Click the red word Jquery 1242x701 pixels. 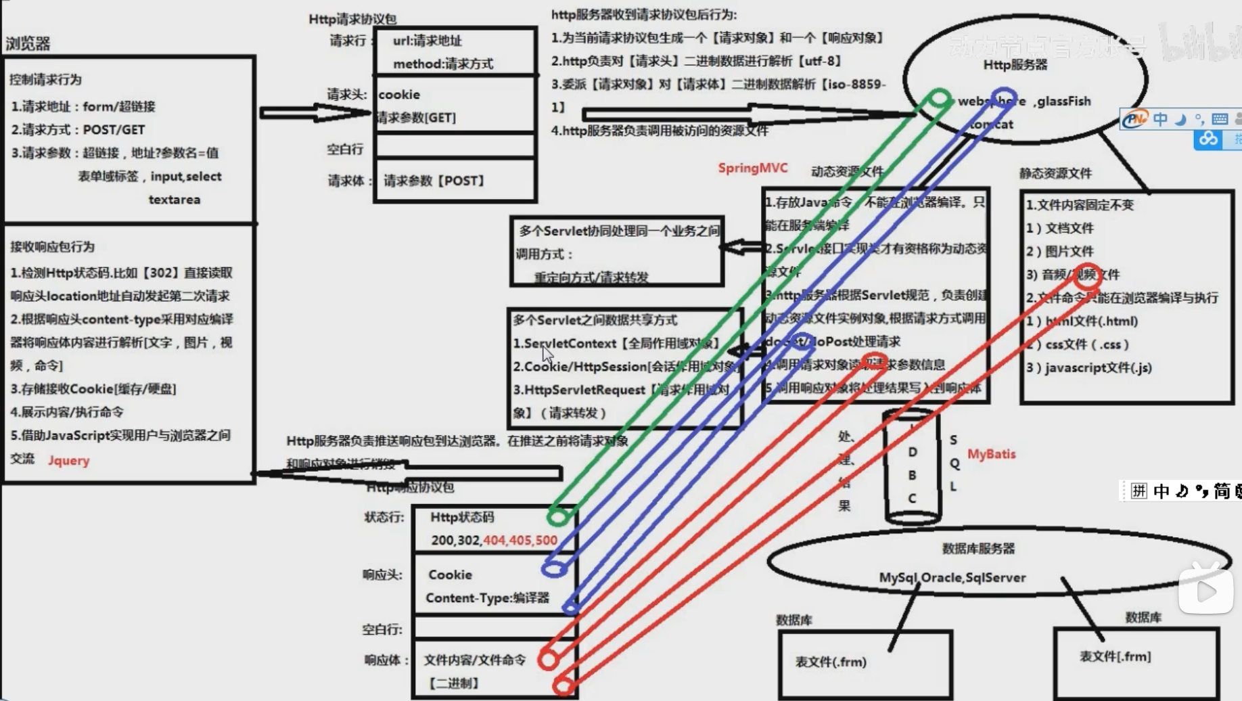68,460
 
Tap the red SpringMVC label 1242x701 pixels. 752,168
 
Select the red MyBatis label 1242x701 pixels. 991,454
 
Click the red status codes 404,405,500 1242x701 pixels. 520,540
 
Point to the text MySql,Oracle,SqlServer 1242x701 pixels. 952,577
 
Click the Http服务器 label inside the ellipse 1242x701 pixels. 1015,65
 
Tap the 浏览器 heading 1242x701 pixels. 28,44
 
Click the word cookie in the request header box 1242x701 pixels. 399,95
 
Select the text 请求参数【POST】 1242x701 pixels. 434,181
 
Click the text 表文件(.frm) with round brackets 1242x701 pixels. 831,662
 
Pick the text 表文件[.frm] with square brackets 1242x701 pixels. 1115,656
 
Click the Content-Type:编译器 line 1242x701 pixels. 487,597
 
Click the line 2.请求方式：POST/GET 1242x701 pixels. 78,129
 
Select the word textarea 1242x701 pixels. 175,200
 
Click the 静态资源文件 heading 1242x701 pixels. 1055,173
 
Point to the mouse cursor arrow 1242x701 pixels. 547,354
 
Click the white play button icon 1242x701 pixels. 1205,591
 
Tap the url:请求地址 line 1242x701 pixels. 427,41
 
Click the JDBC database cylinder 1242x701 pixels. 912,467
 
